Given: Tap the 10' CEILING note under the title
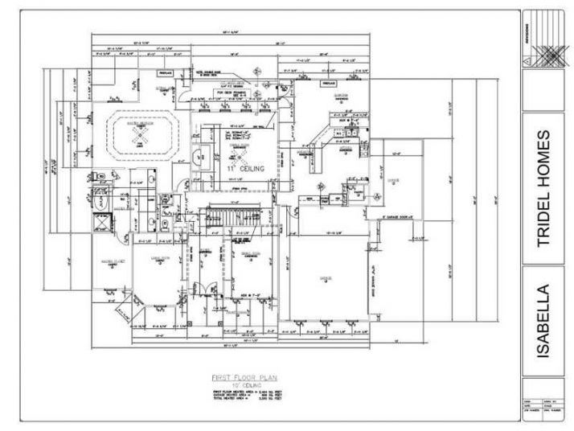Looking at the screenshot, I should (x=239, y=384).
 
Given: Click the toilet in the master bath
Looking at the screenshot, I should (x=96, y=190).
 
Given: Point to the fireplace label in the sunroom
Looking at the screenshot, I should (x=328, y=83).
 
